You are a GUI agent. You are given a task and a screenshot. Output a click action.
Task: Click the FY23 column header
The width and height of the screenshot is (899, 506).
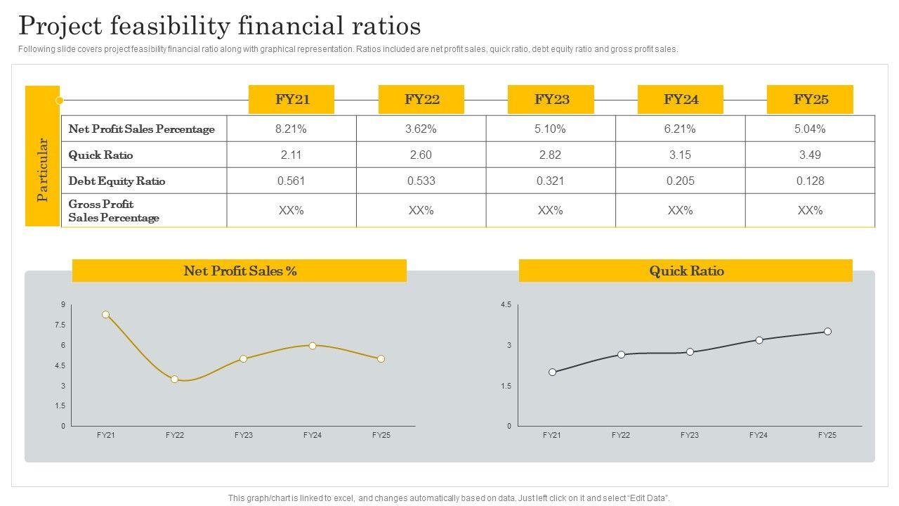click(551, 99)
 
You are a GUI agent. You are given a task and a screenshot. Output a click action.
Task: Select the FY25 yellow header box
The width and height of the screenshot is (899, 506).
click(811, 99)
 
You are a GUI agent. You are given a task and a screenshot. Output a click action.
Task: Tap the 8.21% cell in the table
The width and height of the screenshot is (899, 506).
click(291, 129)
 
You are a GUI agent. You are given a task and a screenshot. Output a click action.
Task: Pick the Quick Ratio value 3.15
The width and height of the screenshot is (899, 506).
click(680, 155)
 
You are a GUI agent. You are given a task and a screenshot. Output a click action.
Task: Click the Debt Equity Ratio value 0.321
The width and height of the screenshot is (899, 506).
click(550, 181)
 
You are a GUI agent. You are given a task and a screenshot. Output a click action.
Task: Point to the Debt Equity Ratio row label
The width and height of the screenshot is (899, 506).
click(117, 181)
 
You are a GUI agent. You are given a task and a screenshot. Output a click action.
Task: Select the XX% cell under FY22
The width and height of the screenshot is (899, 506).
click(421, 210)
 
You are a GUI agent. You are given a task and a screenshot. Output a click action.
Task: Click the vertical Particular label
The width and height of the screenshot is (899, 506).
click(42, 169)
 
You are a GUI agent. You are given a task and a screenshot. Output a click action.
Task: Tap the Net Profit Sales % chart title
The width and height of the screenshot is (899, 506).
click(239, 271)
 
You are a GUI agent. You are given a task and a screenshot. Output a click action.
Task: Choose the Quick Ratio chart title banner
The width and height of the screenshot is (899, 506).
click(685, 271)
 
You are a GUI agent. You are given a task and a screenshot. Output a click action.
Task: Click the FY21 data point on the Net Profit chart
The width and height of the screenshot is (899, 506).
click(106, 315)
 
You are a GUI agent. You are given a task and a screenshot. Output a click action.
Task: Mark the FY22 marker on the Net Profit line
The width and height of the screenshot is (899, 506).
click(175, 379)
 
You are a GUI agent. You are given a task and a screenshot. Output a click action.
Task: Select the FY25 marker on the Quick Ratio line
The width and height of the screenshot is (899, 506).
click(827, 332)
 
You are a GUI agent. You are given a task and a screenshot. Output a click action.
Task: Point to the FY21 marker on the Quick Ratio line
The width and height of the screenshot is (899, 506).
click(553, 372)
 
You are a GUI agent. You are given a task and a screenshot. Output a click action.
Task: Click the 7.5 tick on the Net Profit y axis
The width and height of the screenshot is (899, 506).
click(60, 325)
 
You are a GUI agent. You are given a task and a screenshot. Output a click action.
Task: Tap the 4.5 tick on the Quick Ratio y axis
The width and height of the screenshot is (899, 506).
click(506, 304)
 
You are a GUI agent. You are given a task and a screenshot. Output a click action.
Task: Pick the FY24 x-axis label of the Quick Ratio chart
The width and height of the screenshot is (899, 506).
click(759, 435)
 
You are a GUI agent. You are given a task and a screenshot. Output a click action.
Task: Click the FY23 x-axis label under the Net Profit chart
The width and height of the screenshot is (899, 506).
click(244, 435)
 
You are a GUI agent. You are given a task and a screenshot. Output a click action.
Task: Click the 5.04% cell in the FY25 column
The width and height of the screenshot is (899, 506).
click(810, 129)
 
